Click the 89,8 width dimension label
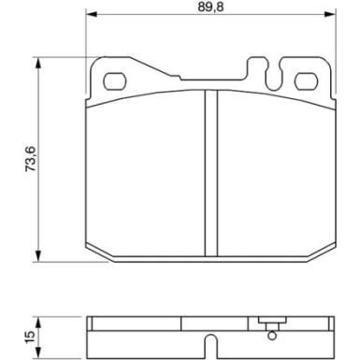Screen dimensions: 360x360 [x=211, y=7]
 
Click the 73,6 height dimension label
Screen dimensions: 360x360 [x=31, y=159]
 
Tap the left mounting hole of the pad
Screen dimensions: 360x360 [x=114, y=81]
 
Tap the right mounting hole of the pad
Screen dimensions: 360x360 [x=306, y=81]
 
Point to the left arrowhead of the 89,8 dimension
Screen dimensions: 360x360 [x=92, y=14]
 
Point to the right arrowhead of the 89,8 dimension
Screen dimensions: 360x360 [x=330, y=14]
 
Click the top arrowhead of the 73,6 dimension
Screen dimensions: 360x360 [x=37, y=64]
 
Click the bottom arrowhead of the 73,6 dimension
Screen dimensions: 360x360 [x=37, y=255]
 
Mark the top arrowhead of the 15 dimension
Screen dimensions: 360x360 [x=37, y=323]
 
